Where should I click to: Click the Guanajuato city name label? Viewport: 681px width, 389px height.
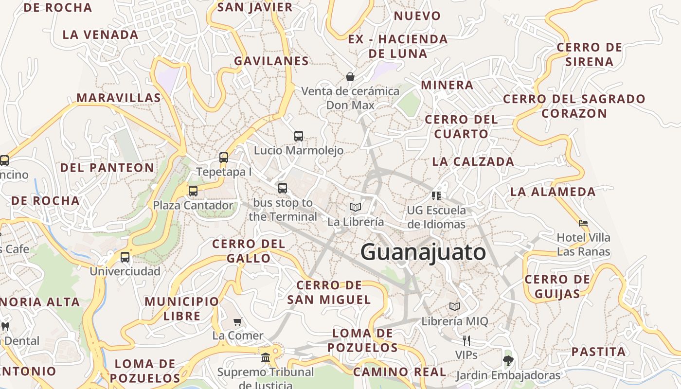point(423,252)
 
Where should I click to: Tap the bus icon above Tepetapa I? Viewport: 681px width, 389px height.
point(224,157)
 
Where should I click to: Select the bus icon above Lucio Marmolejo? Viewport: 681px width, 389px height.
point(299,136)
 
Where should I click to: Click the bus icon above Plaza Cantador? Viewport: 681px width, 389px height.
point(193,191)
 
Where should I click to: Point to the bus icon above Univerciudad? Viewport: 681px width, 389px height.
point(125,257)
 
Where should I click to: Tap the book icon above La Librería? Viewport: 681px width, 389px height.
point(356,207)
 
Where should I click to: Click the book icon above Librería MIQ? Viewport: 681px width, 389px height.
point(455,307)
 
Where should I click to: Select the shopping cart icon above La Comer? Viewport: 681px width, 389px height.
point(238,321)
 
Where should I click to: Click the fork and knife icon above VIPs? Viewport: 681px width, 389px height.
point(466,340)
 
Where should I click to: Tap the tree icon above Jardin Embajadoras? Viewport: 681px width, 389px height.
point(508,361)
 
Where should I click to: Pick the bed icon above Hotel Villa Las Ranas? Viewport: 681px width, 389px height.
point(583,223)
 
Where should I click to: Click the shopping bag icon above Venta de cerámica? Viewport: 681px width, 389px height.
point(350,76)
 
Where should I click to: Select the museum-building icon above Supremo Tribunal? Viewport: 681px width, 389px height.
point(266,358)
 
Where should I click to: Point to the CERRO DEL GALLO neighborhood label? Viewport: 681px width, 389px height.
point(249,251)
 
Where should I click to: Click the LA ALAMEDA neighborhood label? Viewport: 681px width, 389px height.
point(553,192)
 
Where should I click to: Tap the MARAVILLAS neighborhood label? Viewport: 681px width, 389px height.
point(119,98)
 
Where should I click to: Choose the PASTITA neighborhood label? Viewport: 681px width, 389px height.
point(598,352)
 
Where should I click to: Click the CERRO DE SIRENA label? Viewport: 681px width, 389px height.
point(589,54)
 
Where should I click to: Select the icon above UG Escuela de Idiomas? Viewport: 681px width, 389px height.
point(436,195)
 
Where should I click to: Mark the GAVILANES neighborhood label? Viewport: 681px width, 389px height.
point(271,61)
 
